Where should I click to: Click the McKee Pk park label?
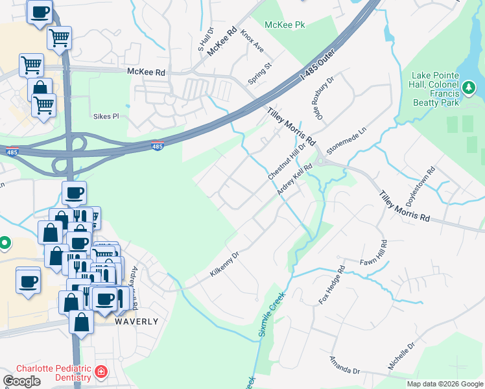point(285,25)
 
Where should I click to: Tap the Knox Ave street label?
point(252,40)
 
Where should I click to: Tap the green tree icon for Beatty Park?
point(469,86)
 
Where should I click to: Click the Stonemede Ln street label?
point(342,140)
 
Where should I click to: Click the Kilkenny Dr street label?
point(225,265)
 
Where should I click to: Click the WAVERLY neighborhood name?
point(136,322)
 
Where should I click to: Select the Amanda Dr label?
point(344,365)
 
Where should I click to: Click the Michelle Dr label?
point(401,357)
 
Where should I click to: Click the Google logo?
point(22,381)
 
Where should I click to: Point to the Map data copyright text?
point(444,384)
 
